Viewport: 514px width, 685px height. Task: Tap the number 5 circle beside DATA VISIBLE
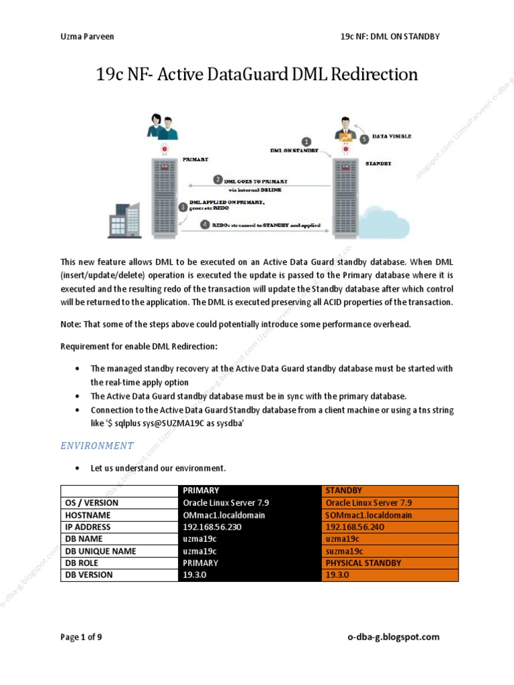tap(364, 139)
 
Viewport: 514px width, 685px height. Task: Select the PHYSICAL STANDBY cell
tap(363, 563)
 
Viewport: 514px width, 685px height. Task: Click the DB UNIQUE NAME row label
tap(100, 551)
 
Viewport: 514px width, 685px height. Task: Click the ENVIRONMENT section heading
tap(97, 446)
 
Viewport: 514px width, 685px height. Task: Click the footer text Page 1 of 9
tap(81, 637)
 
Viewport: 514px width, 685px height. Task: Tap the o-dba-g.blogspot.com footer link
tap(394, 637)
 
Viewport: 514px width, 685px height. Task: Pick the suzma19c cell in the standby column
tap(344, 551)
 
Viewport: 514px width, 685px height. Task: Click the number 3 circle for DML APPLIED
tap(183, 207)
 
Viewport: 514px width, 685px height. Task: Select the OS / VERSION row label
tap(91, 503)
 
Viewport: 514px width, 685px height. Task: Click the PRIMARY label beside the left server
tap(195, 160)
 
